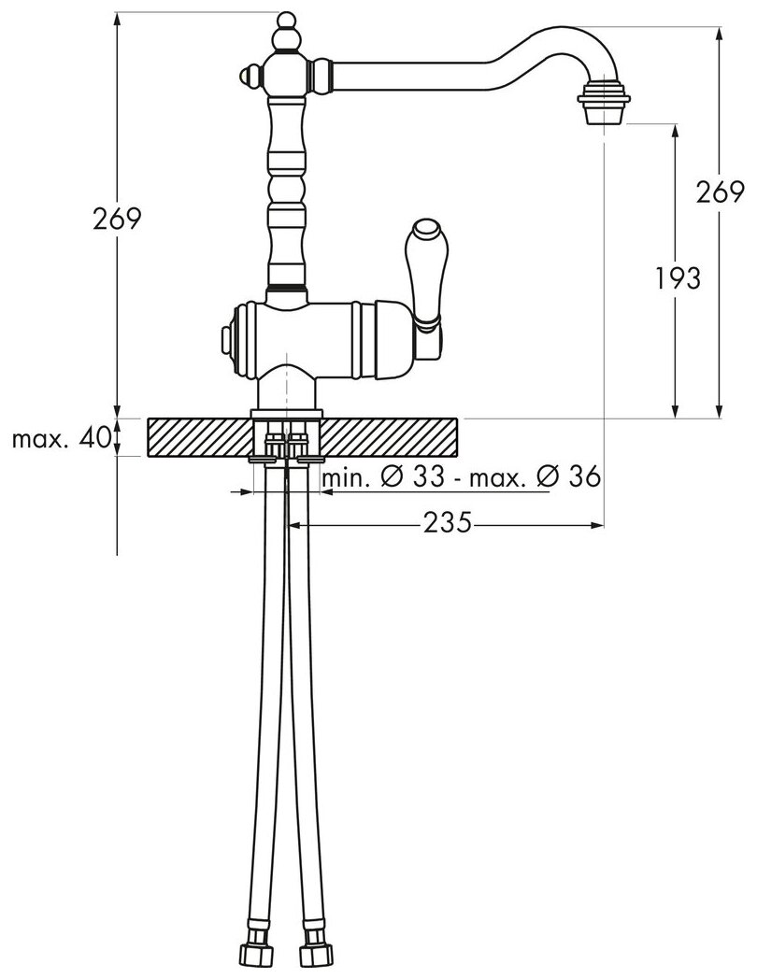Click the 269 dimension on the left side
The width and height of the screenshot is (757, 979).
(x=118, y=219)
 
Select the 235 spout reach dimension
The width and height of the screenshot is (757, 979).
(x=448, y=522)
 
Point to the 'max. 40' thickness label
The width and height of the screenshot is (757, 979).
(x=62, y=439)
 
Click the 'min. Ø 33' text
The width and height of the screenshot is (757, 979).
(x=383, y=477)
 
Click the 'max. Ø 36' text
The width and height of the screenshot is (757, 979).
(x=536, y=477)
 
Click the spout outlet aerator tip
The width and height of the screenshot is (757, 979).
(x=604, y=103)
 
